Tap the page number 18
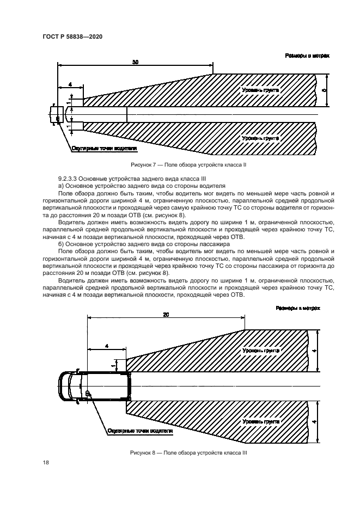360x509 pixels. coord(46,462)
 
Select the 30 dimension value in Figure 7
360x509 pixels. coord(135,63)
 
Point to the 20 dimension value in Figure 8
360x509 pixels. coord(166,315)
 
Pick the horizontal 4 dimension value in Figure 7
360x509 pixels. coord(70,84)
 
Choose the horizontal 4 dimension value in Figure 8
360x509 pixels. coord(106,346)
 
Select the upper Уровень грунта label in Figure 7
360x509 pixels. coord(261,89)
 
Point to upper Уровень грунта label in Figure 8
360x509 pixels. coord(261,351)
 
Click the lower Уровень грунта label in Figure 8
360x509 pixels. coord(261,422)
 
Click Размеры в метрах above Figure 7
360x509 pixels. coord(307,56)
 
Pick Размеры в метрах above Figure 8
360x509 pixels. coord(298,308)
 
